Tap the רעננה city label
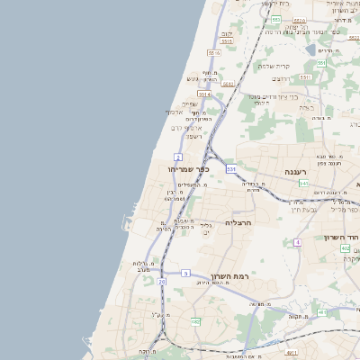pyautogui.click(x=295, y=171)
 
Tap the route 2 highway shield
pyautogui.click(x=179, y=157)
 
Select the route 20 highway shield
pyautogui.click(x=162, y=282)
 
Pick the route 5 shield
pyautogui.click(x=185, y=272)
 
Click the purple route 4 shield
pyautogui.click(x=297, y=242)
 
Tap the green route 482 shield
pyautogui.click(x=195, y=320)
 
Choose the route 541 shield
pyautogui.click(x=303, y=183)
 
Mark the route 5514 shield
pyautogui.click(x=204, y=93)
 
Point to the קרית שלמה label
pyautogui.click(x=273, y=66)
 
